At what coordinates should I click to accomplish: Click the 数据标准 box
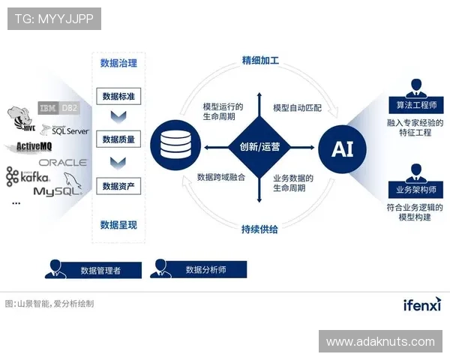(118, 97)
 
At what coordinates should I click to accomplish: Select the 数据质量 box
(118, 140)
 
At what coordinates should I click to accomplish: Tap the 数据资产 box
(118, 187)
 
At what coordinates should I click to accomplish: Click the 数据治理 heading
(118, 63)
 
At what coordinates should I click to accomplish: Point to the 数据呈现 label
(118, 224)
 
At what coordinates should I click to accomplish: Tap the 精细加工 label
(259, 60)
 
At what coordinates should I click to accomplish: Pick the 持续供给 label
(259, 229)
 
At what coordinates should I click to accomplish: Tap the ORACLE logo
(63, 162)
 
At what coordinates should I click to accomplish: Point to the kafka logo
(28, 177)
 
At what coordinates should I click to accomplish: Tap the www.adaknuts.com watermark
(380, 342)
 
